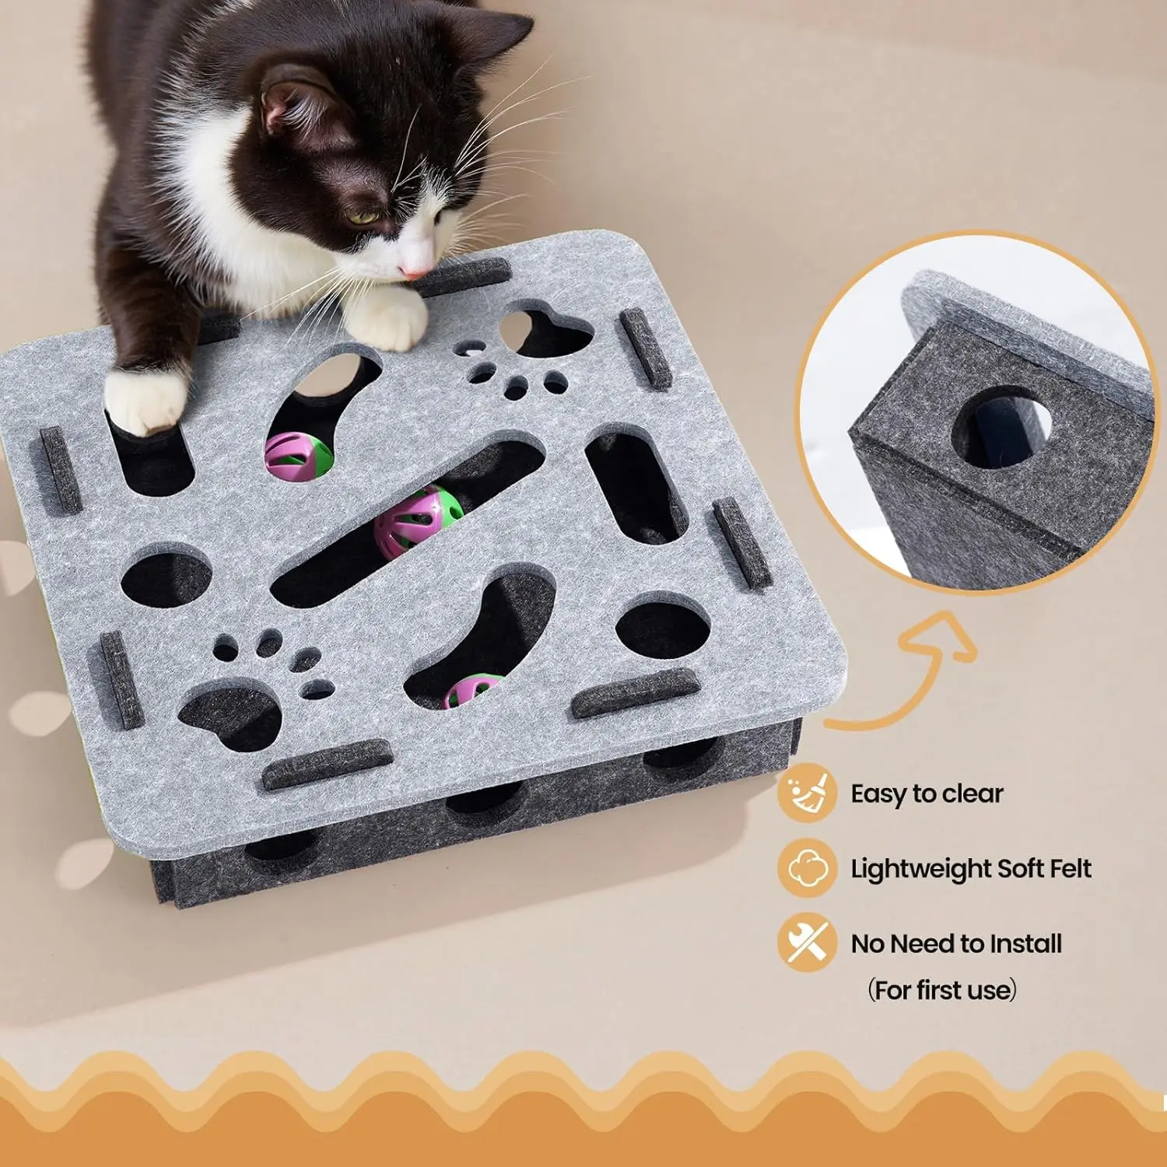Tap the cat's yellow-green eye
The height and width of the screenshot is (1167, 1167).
tap(362, 218)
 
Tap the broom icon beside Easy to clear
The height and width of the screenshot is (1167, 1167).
tap(807, 793)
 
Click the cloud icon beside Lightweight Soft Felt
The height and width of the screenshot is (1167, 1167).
tap(807, 867)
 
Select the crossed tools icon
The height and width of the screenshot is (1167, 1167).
tap(807, 942)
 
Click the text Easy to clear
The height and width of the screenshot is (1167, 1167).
tap(927, 794)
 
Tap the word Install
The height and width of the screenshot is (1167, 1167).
tap(1025, 943)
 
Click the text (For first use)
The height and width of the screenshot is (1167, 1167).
tap(942, 990)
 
